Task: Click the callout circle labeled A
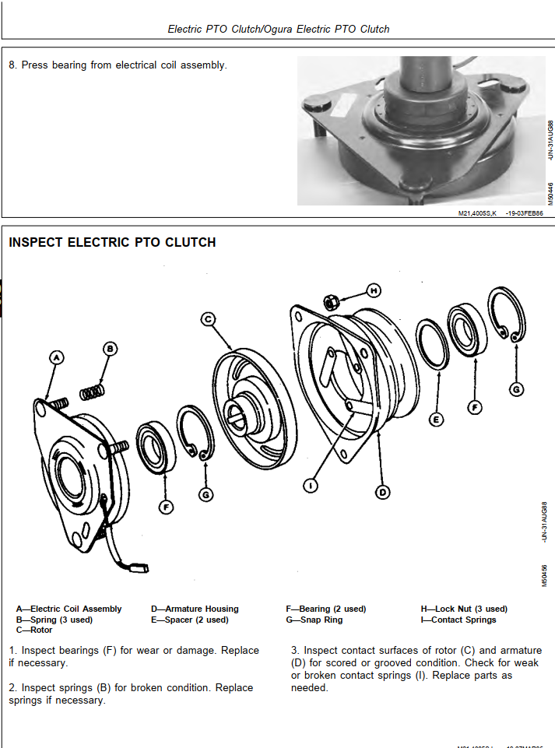click(56, 357)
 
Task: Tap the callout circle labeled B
click(111, 348)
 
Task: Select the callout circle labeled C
click(208, 318)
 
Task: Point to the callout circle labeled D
click(383, 492)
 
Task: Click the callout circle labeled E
click(437, 420)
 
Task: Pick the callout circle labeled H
click(374, 291)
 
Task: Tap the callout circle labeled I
click(311, 486)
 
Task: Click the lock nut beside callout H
click(330, 300)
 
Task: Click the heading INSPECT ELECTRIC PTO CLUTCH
click(112, 243)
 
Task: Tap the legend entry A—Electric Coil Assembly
click(68, 609)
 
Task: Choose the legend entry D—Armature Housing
click(195, 609)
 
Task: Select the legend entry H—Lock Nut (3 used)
click(464, 609)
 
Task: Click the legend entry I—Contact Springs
click(458, 620)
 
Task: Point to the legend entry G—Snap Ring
click(314, 620)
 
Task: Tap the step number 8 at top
click(12, 65)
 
